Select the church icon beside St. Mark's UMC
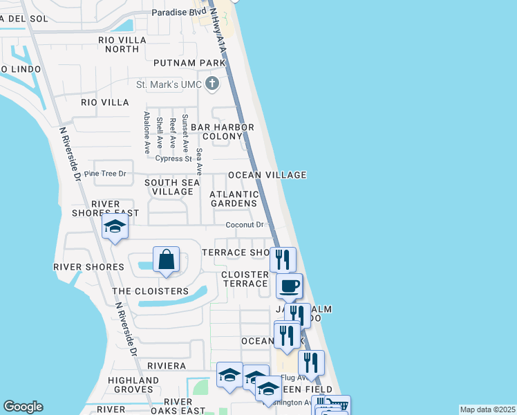click(212, 84)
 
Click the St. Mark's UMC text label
click(170, 85)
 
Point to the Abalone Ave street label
click(147, 133)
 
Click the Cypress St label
click(173, 158)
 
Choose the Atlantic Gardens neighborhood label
click(234, 199)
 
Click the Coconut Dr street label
click(245, 225)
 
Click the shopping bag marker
click(167, 260)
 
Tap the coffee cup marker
click(289, 285)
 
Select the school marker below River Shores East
click(115, 227)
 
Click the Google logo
click(23, 407)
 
